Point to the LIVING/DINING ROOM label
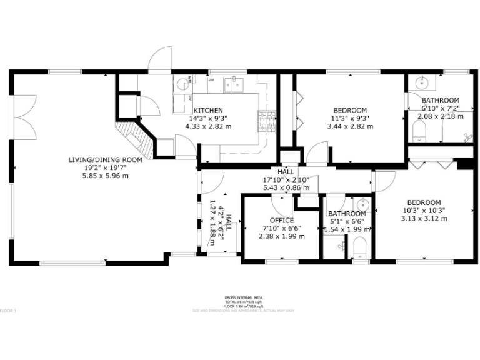[x=106, y=160]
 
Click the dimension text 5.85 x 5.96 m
[x=106, y=176]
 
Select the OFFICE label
[x=281, y=221]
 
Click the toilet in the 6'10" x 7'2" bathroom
[x=419, y=131]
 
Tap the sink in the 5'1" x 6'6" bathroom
[x=361, y=204]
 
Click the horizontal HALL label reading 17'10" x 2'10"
[x=286, y=171]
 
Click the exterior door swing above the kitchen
[x=161, y=59]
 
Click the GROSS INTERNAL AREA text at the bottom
[x=244, y=297]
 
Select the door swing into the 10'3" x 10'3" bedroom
[x=384, y=181]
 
